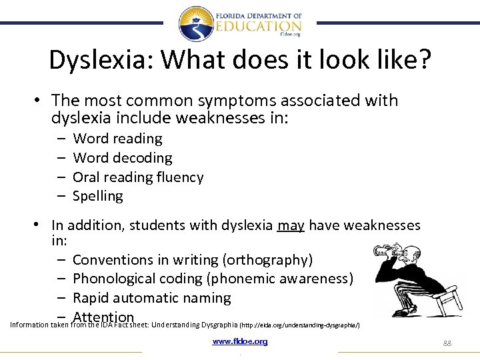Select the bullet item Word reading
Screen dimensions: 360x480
117,139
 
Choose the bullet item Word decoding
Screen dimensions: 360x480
122,158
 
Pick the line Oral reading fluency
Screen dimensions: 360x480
138,177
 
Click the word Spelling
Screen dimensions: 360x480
98,196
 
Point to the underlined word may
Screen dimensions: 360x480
291,225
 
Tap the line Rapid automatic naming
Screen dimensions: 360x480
151,298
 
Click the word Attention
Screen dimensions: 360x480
103,317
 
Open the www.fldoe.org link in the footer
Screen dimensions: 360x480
240,341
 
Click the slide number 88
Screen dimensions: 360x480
447,343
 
